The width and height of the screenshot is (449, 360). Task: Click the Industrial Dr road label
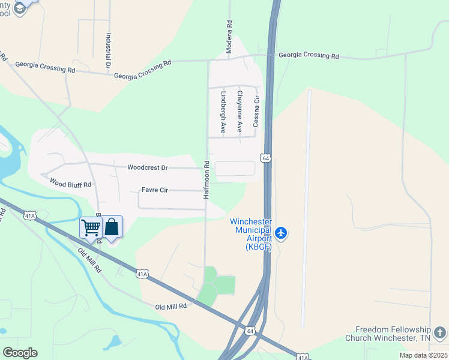109,50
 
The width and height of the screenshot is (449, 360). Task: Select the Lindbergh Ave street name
223,112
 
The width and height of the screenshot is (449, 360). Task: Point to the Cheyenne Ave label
239,111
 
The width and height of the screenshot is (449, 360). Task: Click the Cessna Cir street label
256,112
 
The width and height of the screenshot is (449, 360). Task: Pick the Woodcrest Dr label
148,167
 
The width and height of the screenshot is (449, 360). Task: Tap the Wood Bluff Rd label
70,184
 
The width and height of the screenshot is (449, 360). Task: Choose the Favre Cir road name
155,190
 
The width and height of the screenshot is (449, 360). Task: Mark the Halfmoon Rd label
206,179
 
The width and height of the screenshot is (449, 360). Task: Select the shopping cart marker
91,227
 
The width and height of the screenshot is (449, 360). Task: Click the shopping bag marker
112,227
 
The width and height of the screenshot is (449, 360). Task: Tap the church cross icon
440,332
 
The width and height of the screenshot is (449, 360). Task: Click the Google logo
20,352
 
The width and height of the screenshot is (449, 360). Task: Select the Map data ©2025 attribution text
423,355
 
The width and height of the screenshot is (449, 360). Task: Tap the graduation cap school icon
20,8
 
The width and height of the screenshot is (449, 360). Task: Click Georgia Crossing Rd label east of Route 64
309,55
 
